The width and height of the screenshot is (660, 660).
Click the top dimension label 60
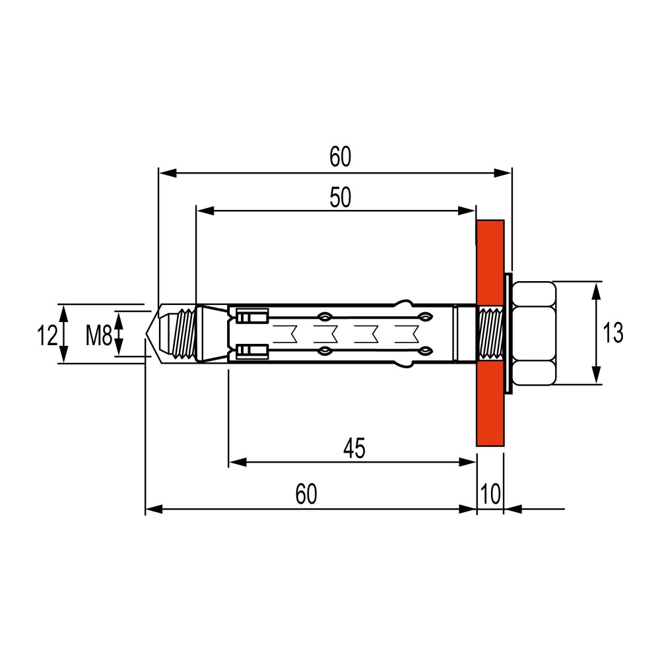click(x=340, y=156)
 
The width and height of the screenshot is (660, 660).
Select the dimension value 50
click(x=340, y=197)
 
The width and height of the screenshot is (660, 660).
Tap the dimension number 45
click(x=354, y=448)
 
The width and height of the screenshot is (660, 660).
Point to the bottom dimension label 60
click(x=306, y=494)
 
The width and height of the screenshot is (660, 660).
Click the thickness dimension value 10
click(x=490, y=494)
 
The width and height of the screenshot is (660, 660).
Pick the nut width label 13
click(x=613, y=333)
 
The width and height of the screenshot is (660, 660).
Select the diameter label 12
click(x=47, y=336)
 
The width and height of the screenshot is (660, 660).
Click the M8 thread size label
click(x=99, y=336)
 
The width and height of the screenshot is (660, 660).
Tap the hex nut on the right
click(x=534, y=333)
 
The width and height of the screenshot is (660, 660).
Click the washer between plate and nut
click(x=508, y=333)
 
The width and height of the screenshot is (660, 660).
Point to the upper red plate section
click(x=490, y=262)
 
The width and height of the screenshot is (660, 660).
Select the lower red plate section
click(x=490, y=404)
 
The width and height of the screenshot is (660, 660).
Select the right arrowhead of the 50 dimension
click(x=467, y=211)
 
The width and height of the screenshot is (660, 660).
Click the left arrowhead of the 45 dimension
click(x=238, y=462)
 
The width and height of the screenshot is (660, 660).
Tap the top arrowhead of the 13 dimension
click(x=596, y=291)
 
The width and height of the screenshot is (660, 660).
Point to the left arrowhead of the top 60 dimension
click(x=168, y=172)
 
